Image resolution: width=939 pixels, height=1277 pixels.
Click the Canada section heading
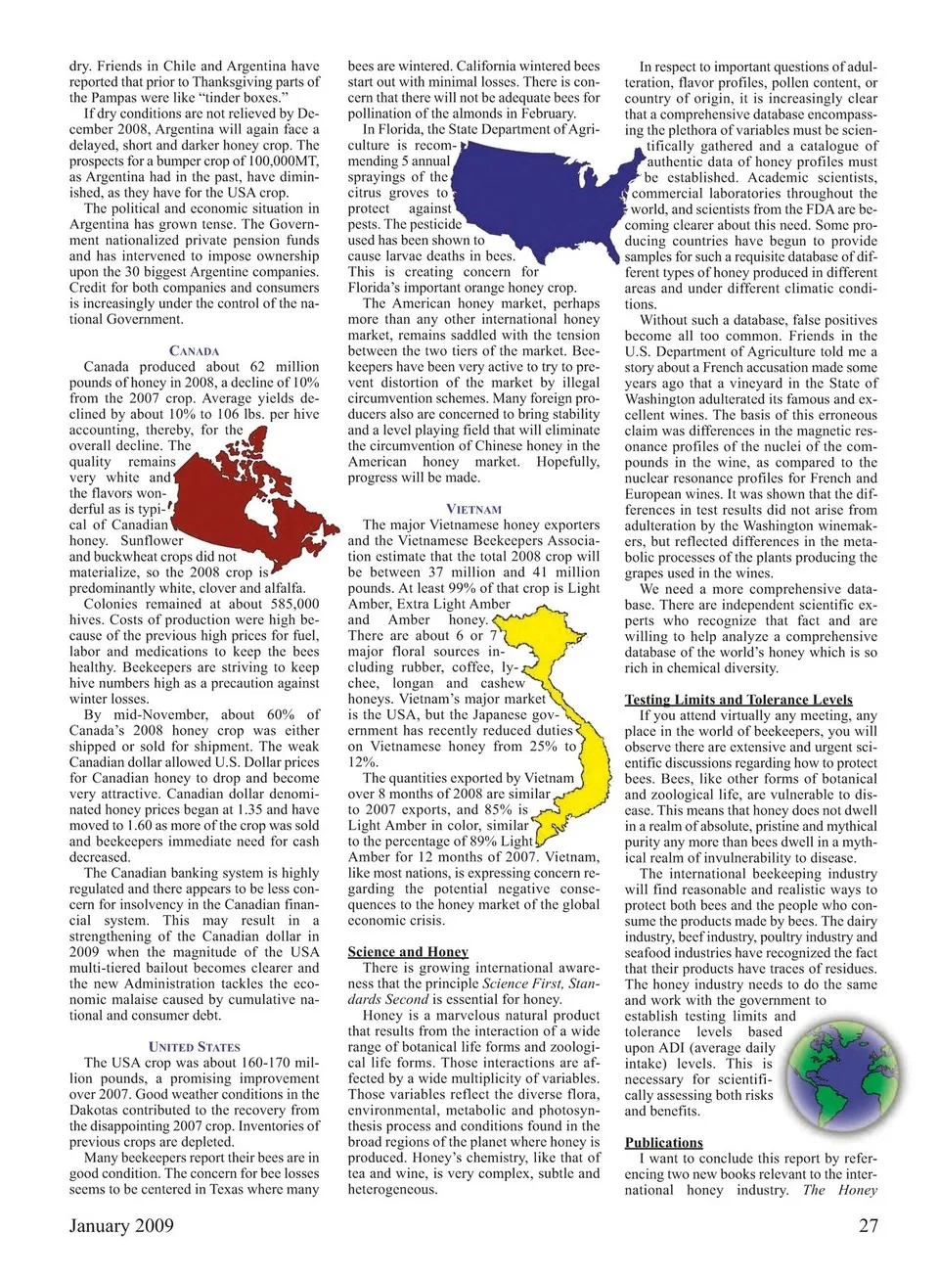(x=194, y=350)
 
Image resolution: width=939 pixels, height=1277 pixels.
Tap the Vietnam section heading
(x=473, y=509)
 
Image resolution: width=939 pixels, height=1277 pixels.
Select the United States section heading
(x=194, y=1046)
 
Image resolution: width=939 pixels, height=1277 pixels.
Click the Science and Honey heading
(x=408, y=951)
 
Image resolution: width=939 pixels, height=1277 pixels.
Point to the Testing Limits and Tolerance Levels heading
(x=738, y=700)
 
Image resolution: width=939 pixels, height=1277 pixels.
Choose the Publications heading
(x=663, y=1142)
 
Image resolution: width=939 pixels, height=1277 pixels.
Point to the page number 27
(x=868, y=1226)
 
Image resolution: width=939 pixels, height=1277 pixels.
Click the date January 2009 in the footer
(x=121, y=1226)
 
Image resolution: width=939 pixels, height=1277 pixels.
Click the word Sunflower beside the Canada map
(x=152, y=540)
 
